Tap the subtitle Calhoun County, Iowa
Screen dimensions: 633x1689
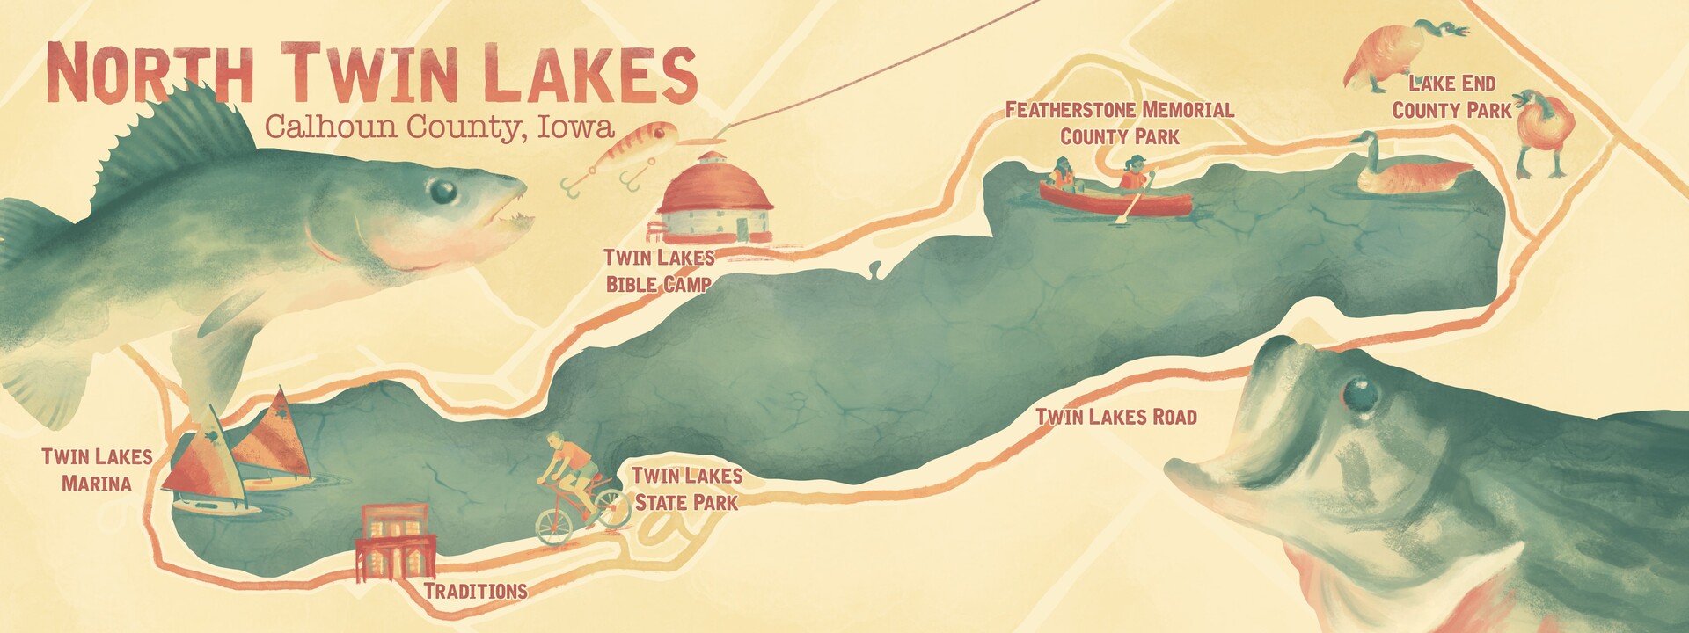[x=438, y=127]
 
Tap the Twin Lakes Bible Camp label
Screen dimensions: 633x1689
[x=659, y=270]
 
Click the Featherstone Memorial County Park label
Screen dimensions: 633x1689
[x=1119, y=123]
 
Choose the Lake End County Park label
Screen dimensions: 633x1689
[x=1451, y=97]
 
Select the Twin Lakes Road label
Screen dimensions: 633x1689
[x=1116, y=416]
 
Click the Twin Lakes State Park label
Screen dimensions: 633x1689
[x=687, y=489]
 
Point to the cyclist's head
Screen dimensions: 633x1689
[x=554, y=439]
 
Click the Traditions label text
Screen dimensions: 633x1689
[x=475, y=590]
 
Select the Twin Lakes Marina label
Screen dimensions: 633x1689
[x=97, y=469]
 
